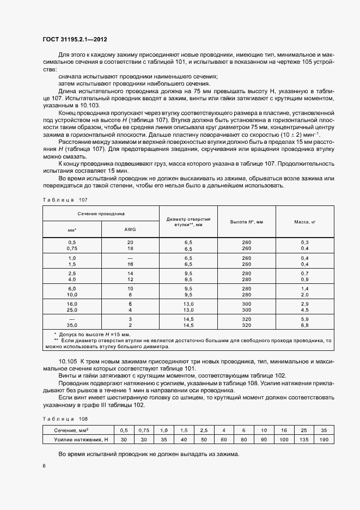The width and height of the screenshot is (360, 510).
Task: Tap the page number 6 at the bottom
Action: (x=44, y=465)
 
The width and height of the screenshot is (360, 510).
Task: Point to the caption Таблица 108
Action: (x=61, y=418)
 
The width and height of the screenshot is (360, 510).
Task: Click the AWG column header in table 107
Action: (x=130, y=229)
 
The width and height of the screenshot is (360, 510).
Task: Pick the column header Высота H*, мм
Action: (x=246, y=222)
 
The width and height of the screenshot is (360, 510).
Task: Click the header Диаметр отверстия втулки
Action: (x=188, y=221)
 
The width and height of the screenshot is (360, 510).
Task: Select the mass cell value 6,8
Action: (x=304, y=325)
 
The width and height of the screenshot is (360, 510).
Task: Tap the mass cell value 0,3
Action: (x=304, y=241)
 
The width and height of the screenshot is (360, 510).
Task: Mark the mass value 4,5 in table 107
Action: (x=304, y=309)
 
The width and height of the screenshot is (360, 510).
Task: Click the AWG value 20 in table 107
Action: (x=130, y=241)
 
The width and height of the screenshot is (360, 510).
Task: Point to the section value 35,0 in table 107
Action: (x=72, y=325)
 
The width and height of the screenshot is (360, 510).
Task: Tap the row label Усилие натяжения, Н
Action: (x=78, y=440)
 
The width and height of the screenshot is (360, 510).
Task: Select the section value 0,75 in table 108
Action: (x=144, y=430)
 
